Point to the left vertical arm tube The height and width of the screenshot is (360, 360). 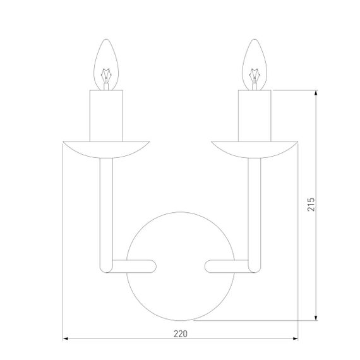point(106,208)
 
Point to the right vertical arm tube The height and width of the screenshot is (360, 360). point(255,208)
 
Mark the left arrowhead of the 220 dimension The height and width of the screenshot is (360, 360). point(65,339)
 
